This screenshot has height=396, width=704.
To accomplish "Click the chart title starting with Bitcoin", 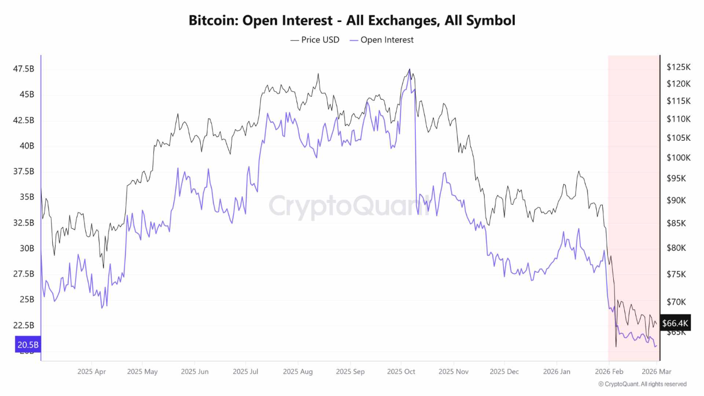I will [352, 21].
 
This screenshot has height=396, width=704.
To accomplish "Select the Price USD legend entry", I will [315, 40].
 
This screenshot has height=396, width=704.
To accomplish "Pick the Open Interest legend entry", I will [382, 40].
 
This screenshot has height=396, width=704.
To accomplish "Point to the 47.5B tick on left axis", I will [24, 69].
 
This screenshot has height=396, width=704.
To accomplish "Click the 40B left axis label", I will [26, 146].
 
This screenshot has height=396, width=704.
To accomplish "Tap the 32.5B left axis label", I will [24, 223].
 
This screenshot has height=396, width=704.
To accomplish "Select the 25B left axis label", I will [26, 300].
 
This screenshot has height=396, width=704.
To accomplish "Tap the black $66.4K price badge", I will [674, 323].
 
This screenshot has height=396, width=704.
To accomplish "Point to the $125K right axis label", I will [678, 67].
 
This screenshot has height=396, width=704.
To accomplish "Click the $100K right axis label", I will [678, 158].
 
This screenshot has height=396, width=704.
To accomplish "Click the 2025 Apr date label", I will [91, 372].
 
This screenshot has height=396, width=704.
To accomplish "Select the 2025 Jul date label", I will [246, 372].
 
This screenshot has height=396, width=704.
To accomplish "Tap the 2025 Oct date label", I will [401, 372].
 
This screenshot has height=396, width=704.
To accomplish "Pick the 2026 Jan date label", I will [557, 372].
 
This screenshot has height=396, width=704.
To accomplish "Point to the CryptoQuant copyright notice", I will [642, 384].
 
